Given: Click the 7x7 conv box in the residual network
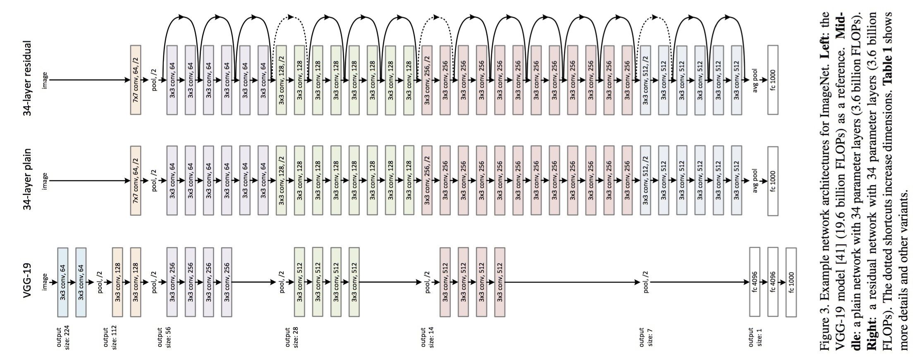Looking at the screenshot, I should click(136, 80).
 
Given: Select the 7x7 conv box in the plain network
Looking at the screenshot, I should click(136, 181).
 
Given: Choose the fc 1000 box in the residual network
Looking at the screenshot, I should click(773, 80).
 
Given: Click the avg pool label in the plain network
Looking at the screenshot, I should click(755, 181).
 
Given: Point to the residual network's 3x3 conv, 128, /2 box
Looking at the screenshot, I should click(281, 80).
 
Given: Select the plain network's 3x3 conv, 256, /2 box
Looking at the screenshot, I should click(427, 181).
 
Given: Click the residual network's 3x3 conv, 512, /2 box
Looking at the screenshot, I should click(645, 80).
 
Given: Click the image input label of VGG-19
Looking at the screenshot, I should click(45, 282).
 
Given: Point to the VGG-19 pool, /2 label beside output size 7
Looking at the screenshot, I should click(646, 282).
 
